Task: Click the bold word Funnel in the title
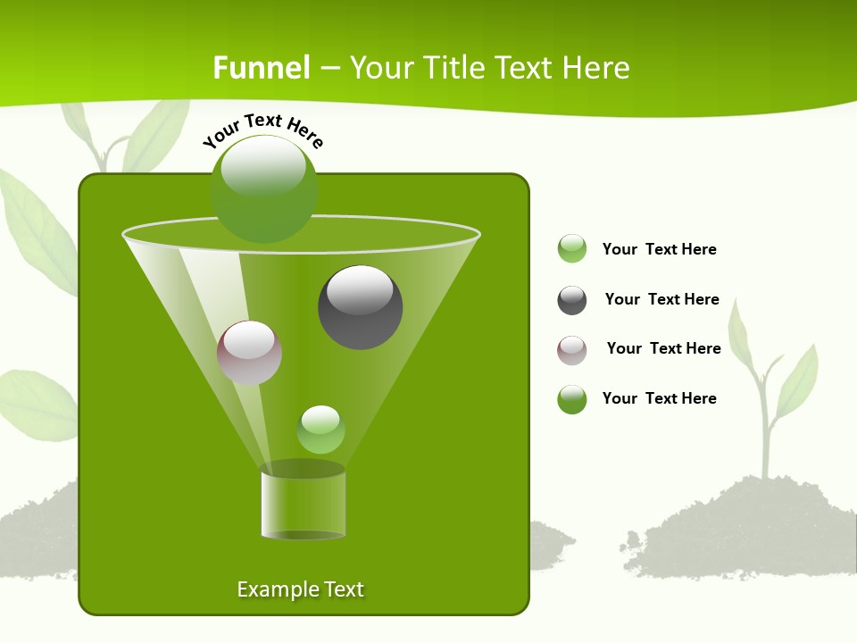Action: click(262, 68)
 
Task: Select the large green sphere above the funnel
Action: click(263, 188)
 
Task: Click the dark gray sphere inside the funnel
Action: click(360, 307)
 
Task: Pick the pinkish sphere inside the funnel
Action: click(249, 352)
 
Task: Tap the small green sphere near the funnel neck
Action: click(320, 430)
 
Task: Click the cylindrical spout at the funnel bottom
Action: click(303, 505)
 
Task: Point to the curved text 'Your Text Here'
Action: click(263, 130)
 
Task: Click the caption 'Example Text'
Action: click(301, 589)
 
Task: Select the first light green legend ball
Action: click(572, 249)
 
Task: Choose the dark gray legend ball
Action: click(572, 300)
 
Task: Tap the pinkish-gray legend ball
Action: click(572, 350)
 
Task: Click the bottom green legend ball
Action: click(572, 399)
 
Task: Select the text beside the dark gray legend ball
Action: click(661, 300)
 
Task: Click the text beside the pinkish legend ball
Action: click(663, 349)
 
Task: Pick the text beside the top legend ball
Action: click(659, 250)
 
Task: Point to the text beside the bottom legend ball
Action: click(659, 399)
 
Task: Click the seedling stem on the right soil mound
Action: click(764, 429)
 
